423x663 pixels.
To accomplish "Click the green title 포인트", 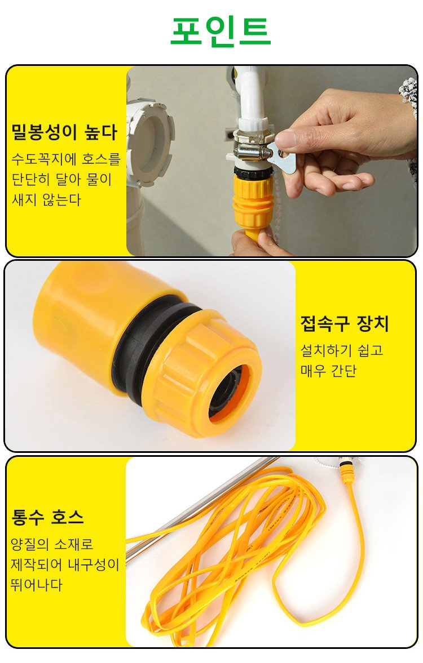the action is [220, 30].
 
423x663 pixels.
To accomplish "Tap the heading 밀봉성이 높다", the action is [64, 132].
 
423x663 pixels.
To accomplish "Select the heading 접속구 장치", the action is [345, 323].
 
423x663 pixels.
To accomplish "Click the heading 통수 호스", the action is [47, 517].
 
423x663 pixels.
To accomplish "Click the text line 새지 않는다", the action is [46, 199].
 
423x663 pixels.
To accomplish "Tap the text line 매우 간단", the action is [329, 371].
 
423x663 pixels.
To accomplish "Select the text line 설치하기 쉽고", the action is [342, 350].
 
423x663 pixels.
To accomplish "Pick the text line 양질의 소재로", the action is [52, 544].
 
